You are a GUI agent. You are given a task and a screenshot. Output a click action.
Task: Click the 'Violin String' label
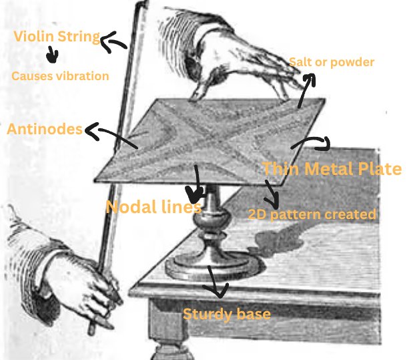point(57,37)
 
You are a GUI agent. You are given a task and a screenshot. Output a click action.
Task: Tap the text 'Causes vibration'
point(60,75)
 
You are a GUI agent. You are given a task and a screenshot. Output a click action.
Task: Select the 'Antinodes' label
point(44,128)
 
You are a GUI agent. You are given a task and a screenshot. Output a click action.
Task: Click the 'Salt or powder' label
point(332,62)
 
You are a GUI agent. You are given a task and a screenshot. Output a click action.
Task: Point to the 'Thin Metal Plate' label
point(332,168)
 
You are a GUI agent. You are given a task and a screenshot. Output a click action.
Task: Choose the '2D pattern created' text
point(312,214)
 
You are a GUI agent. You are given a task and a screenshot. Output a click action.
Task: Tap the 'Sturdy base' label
point(227,313)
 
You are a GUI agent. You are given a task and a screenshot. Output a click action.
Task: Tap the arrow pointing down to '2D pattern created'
point(270,194)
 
